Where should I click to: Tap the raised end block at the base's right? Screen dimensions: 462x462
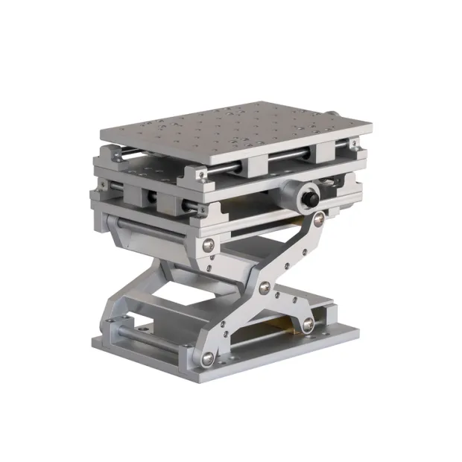coord(328,313)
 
